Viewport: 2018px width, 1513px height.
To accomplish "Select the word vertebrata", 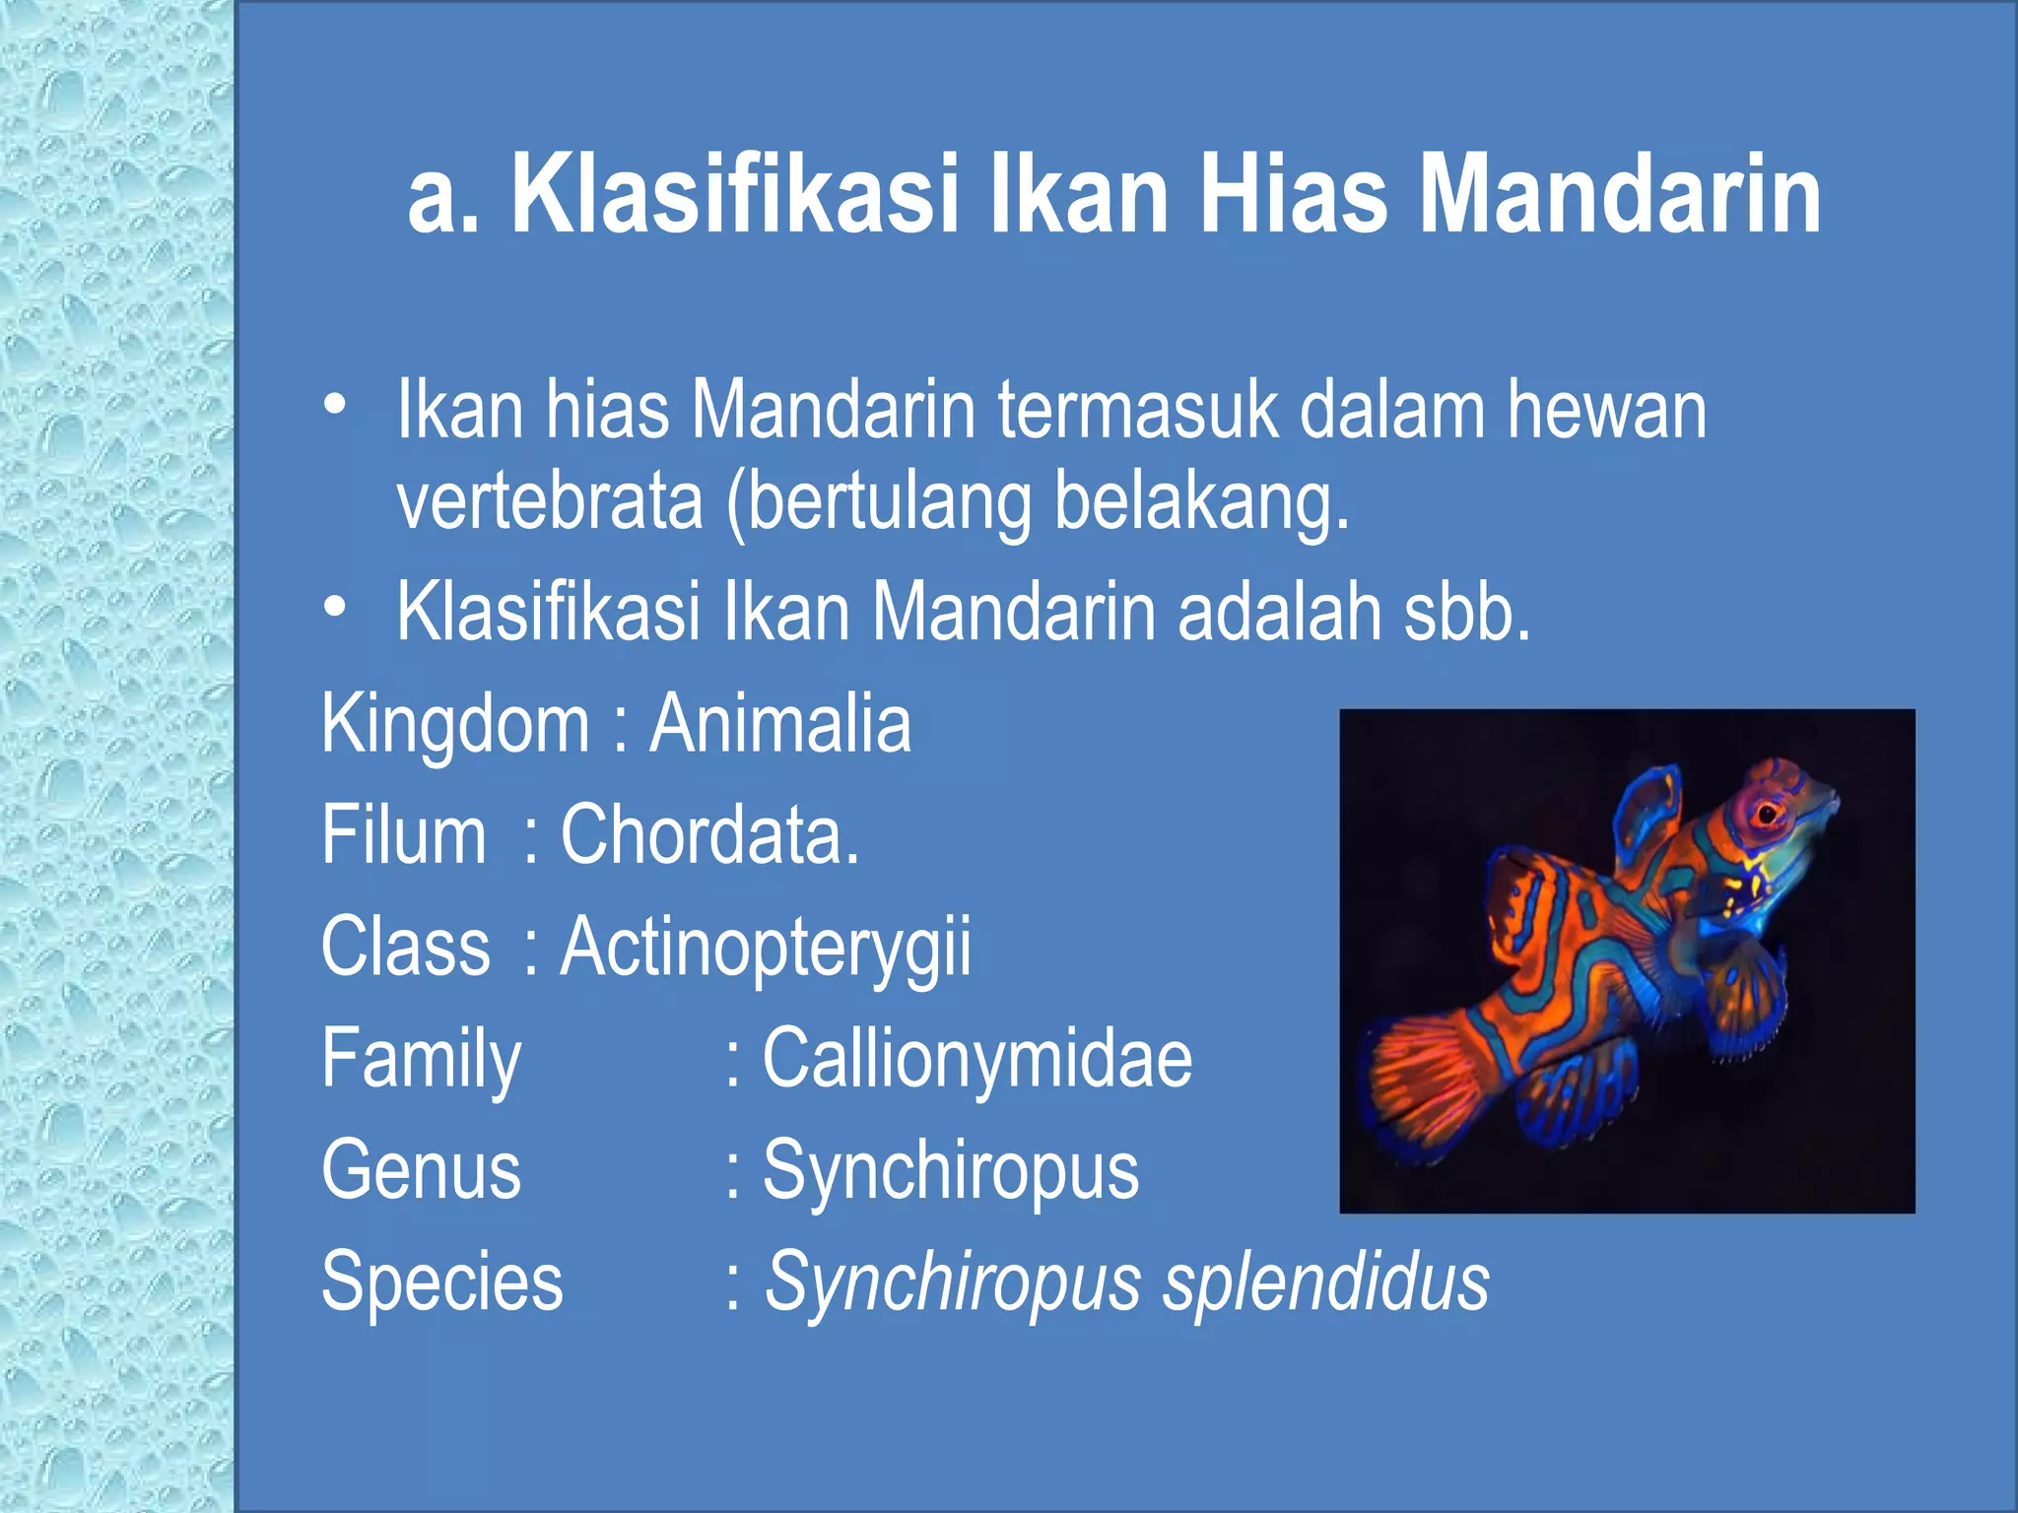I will coord(550,501).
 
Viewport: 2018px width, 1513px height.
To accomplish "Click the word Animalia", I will coord(780,724).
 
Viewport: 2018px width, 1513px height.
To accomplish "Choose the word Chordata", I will coord(709,835).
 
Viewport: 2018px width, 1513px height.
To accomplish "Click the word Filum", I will coord(403,835).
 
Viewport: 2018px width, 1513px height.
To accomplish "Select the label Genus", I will coord(421,1170).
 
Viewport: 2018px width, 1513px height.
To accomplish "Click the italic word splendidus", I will coord(1325,1283).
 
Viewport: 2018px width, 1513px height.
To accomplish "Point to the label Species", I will coord(441,1283).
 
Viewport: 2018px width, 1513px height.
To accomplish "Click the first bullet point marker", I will coord(335,405).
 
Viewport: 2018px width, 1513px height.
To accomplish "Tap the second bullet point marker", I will coord(335,609).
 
